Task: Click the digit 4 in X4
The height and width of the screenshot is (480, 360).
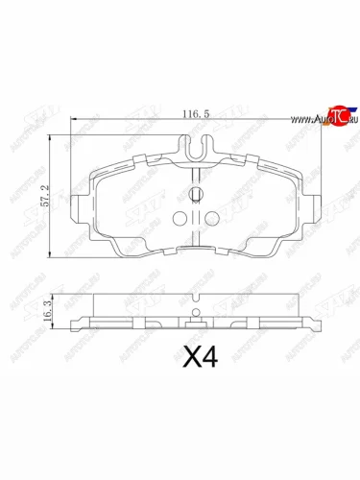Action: click(x=211, y=360)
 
